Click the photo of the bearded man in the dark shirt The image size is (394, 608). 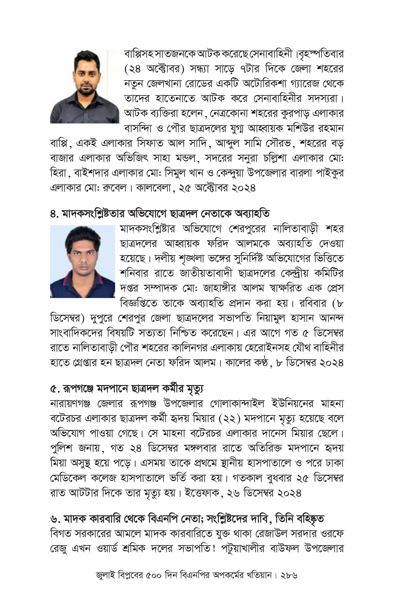click(84, 87)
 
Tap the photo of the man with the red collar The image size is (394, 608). click(82, 262)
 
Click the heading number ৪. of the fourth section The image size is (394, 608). click(55, 214)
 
